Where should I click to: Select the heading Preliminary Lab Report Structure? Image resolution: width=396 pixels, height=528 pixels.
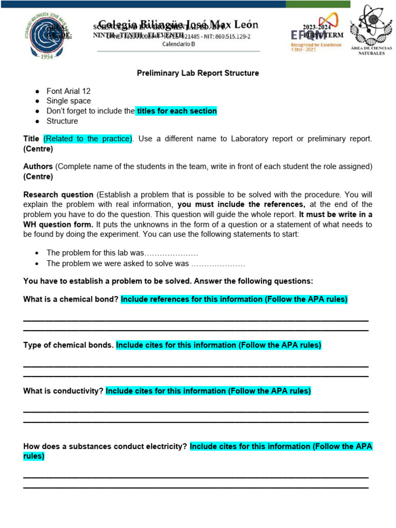pos(197,73)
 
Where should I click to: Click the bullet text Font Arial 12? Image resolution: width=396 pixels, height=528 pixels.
pos(68,91)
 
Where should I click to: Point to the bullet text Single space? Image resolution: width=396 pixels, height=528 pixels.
pos(69,101)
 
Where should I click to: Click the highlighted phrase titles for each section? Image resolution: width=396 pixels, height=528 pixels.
pos(176,111)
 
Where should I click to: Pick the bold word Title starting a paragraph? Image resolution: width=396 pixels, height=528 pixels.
pos(31,139)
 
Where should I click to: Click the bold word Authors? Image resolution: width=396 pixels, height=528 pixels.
pos(38,167)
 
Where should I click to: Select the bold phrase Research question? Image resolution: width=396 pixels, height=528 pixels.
pos(58,194)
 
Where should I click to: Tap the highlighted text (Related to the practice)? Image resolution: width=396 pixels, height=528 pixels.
pos(88,139)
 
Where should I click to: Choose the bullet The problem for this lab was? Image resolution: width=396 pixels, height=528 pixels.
pos(122,253)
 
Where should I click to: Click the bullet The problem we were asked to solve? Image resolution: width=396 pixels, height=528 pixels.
pos(145,263)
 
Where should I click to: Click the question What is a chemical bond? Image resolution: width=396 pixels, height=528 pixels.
pos(71,300)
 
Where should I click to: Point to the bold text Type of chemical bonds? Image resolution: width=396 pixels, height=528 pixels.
pos(69,345)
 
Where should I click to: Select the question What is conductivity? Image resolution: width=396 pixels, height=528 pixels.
pos(63,391)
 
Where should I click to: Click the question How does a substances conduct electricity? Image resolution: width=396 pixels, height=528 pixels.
pos(105,447)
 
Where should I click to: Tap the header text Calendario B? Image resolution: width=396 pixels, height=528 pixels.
pos(178,44)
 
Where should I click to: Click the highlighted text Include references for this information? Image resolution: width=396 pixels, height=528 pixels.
pos(234,300)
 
